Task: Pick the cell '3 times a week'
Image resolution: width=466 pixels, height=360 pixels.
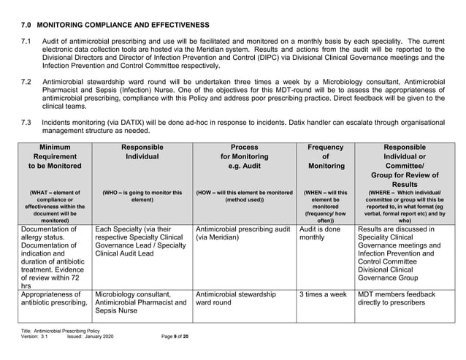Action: [x=323, y=295]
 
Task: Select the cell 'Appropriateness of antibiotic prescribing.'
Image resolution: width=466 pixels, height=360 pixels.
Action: [x=55, y=300]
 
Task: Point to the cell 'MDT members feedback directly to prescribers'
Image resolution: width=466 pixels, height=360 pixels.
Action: [x=396, y=300]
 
